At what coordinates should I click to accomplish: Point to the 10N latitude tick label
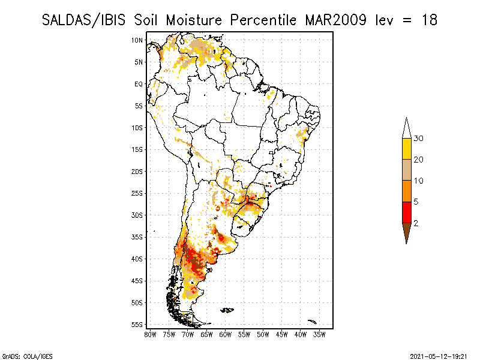(137, 40)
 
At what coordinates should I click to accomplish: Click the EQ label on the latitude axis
(139, 84)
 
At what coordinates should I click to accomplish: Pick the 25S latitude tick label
(137, 193)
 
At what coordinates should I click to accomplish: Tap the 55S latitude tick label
(137, 325)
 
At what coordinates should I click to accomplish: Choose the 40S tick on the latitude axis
(137, 259)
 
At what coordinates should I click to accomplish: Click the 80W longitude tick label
(150, 334)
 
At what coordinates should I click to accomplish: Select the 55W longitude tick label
(244, 334)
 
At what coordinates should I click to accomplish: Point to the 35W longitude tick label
(320, 334)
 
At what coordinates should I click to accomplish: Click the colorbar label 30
(419, 139)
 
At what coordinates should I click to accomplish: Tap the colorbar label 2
(416, 223)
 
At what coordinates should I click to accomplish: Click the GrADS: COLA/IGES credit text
(20, 355)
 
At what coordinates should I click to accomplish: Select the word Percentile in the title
(260, 20)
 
